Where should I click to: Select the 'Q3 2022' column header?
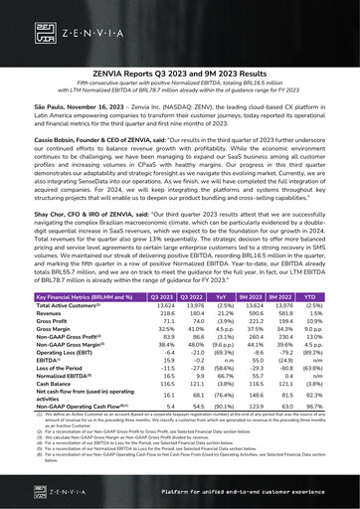(x=200, y=324)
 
